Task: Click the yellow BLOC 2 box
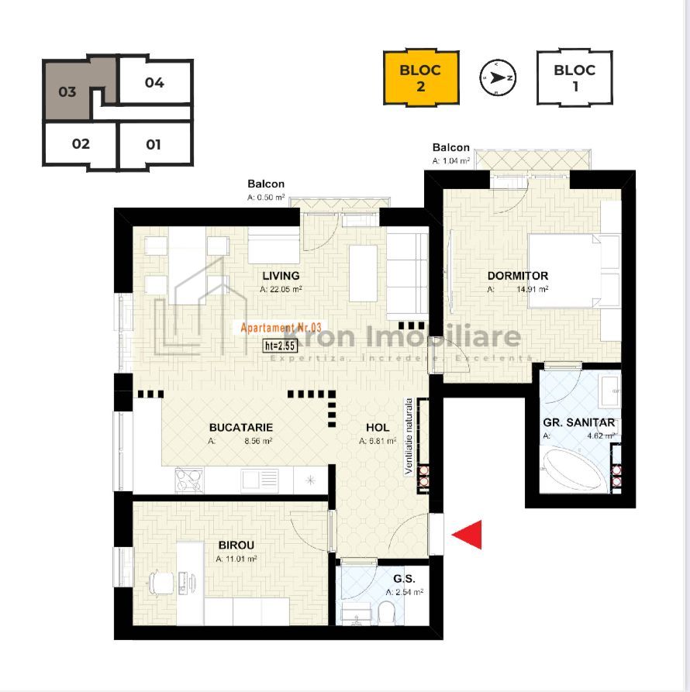(421, 77)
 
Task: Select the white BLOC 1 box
(574, 77)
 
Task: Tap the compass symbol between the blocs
(498, 77)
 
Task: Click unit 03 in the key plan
(68, 91)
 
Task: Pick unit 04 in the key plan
(154, 82)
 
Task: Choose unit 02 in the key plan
(81, 144)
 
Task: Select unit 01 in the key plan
(154, 144)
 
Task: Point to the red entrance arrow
(468, 534)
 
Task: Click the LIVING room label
(281, 276)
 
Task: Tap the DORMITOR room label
(518, 276)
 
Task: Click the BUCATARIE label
(241, 427)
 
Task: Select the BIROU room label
(236, 546)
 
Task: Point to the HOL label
(378, 427)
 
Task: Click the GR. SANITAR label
(579, 423)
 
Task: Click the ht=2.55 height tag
(281, 346)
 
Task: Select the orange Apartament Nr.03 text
(281, 328)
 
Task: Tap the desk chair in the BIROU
(160, 580)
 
